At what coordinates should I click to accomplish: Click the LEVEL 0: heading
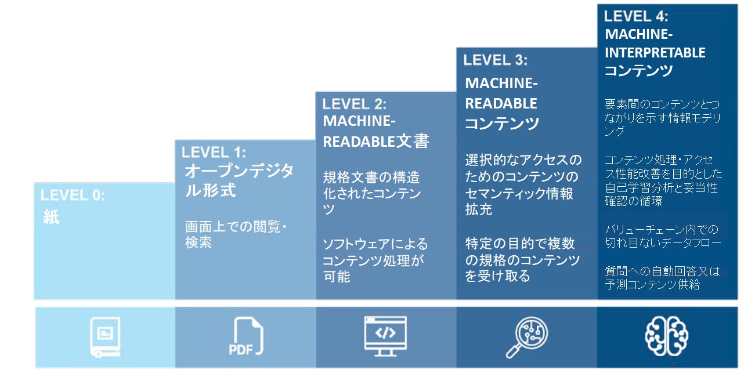(73, 195)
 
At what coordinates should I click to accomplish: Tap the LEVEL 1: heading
(214, 153)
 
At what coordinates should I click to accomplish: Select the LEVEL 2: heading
(354, 104)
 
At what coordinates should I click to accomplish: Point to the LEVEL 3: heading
(495, 60)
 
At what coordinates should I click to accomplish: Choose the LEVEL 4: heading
(636, 16)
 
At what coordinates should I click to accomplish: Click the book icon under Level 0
(105, 336)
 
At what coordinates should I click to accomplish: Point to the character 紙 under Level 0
(52, 218)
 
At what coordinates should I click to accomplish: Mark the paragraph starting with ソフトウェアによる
(374, 260)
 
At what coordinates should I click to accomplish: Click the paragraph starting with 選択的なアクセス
(522, 184)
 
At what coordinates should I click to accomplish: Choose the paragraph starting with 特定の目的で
(522, 259)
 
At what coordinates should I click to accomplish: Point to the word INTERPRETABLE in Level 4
(655, 53)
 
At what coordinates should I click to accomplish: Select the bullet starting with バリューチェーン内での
(662, 236)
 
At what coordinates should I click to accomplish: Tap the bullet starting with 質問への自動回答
(662, 277)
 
